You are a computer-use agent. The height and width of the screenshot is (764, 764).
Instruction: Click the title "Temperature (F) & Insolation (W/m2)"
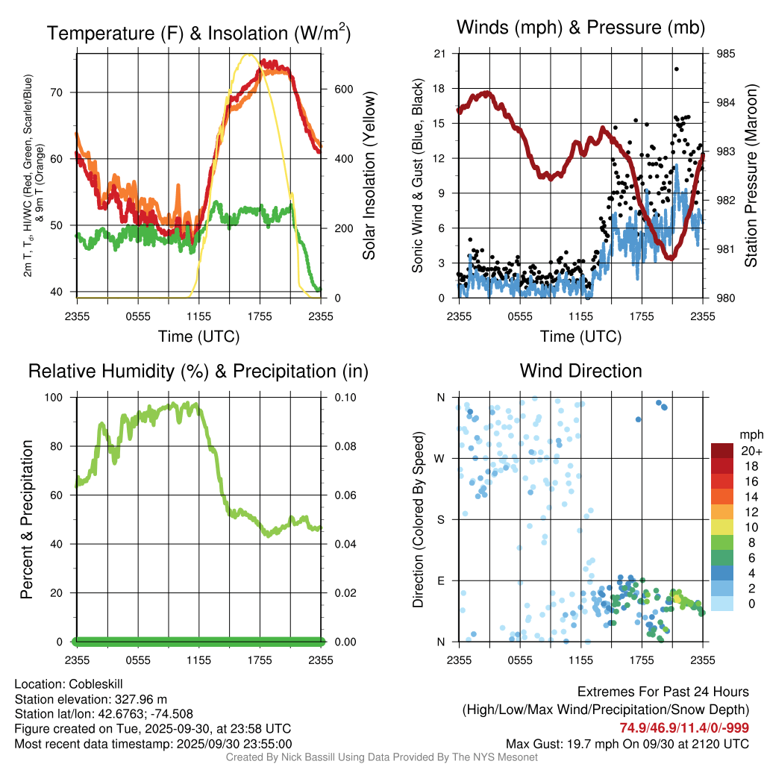198,34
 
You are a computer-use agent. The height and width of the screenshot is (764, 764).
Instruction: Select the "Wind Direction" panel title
580,371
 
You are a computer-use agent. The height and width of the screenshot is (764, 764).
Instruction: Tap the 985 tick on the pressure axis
726,54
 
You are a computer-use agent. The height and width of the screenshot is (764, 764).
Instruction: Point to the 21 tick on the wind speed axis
439,54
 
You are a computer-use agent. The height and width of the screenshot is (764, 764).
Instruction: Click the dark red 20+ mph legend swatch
723,451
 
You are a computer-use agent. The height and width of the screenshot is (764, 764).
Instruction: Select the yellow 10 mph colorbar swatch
723,527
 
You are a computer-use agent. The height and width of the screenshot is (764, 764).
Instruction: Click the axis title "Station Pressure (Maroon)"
751,175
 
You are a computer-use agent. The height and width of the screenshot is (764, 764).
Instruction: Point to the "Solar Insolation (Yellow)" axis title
369,175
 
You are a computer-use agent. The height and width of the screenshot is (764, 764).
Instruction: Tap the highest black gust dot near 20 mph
676,69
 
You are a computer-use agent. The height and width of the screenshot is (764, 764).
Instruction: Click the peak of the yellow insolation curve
248,54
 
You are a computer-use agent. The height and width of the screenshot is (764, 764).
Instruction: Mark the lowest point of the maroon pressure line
671,257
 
